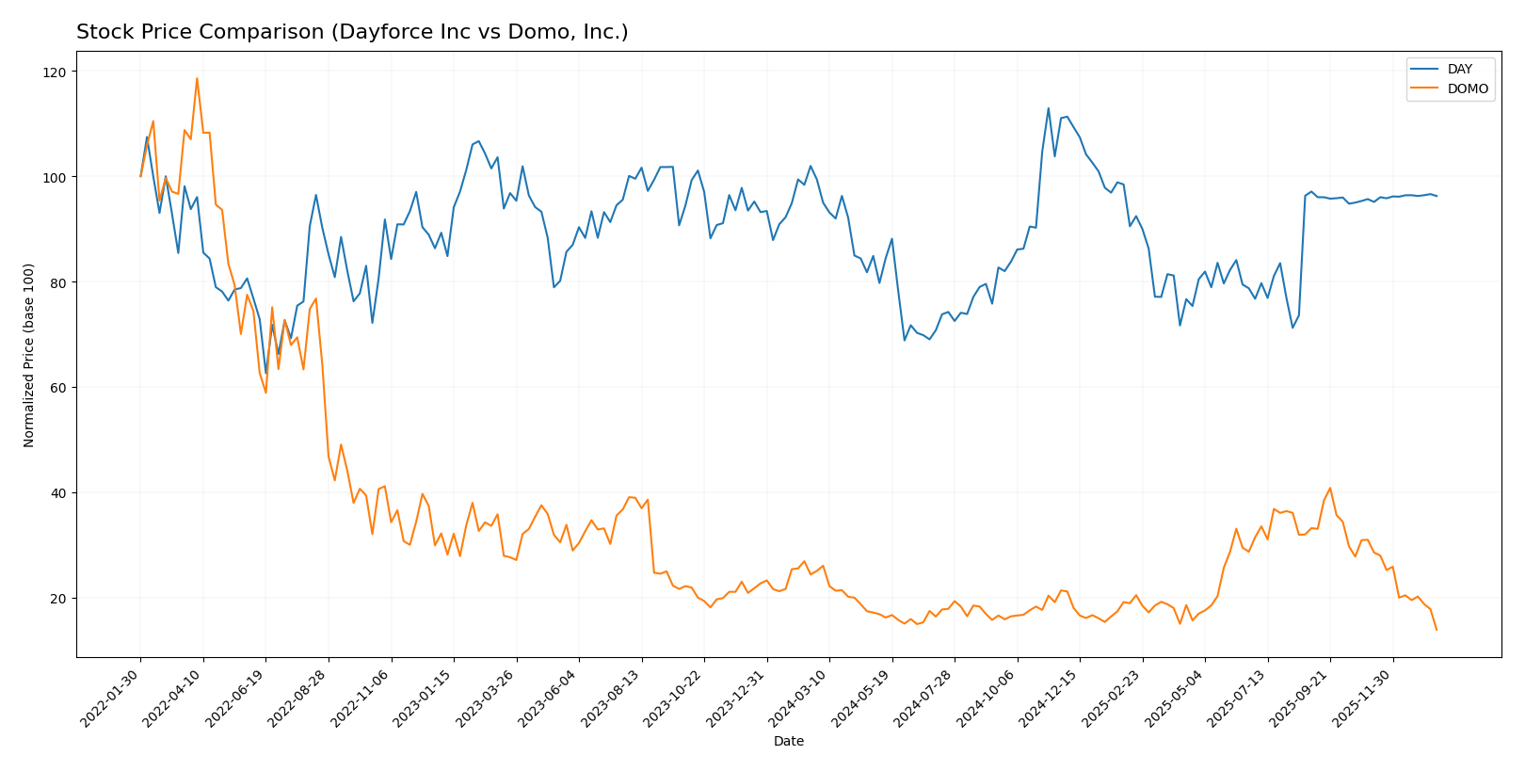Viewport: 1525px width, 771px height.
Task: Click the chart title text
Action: pyautogui.click(x=352, y=32)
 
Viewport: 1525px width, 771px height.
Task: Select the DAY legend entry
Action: pyautogui.click(x=1459, y=69)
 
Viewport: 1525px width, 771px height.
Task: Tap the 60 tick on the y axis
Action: pyautogui.click(x=58, y=388)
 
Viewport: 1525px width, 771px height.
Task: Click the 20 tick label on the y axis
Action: pyautogui.click(x=58, y=599)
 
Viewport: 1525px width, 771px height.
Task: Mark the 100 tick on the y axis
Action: pyautogui.click(x=55, y=177)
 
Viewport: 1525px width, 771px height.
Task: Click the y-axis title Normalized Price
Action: pyautogui.click(x=29, y=355)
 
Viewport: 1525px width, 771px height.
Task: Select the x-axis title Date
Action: pyautogui.click(x=789, y=741)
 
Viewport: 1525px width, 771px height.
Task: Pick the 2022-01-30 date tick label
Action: pyautogui.click(x=111, y=699)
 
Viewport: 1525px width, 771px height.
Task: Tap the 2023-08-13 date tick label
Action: pyautogui.click(x=612, y=699)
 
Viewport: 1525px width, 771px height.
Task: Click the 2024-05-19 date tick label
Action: pyautogui.click(x=862, y=699)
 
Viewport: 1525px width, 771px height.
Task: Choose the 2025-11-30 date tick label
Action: pyautogui.click(x=1363, y=699)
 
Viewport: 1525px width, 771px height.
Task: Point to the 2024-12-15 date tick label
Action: pyautogui.click(x=1050, y=699)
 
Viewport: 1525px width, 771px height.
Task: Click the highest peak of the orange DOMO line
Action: pyautogui.click(x=197, y=78)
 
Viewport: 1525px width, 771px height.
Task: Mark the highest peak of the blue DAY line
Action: pyautogui.click(x=1049, y=108)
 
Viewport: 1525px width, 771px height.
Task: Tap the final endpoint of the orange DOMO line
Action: pyautogui.click(x=1437, y=630)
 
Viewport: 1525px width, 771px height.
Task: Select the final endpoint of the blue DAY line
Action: pyautogui.click(x=1437, y=196)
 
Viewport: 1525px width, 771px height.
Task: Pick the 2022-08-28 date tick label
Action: pyautogui.click(x=298, y=699)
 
